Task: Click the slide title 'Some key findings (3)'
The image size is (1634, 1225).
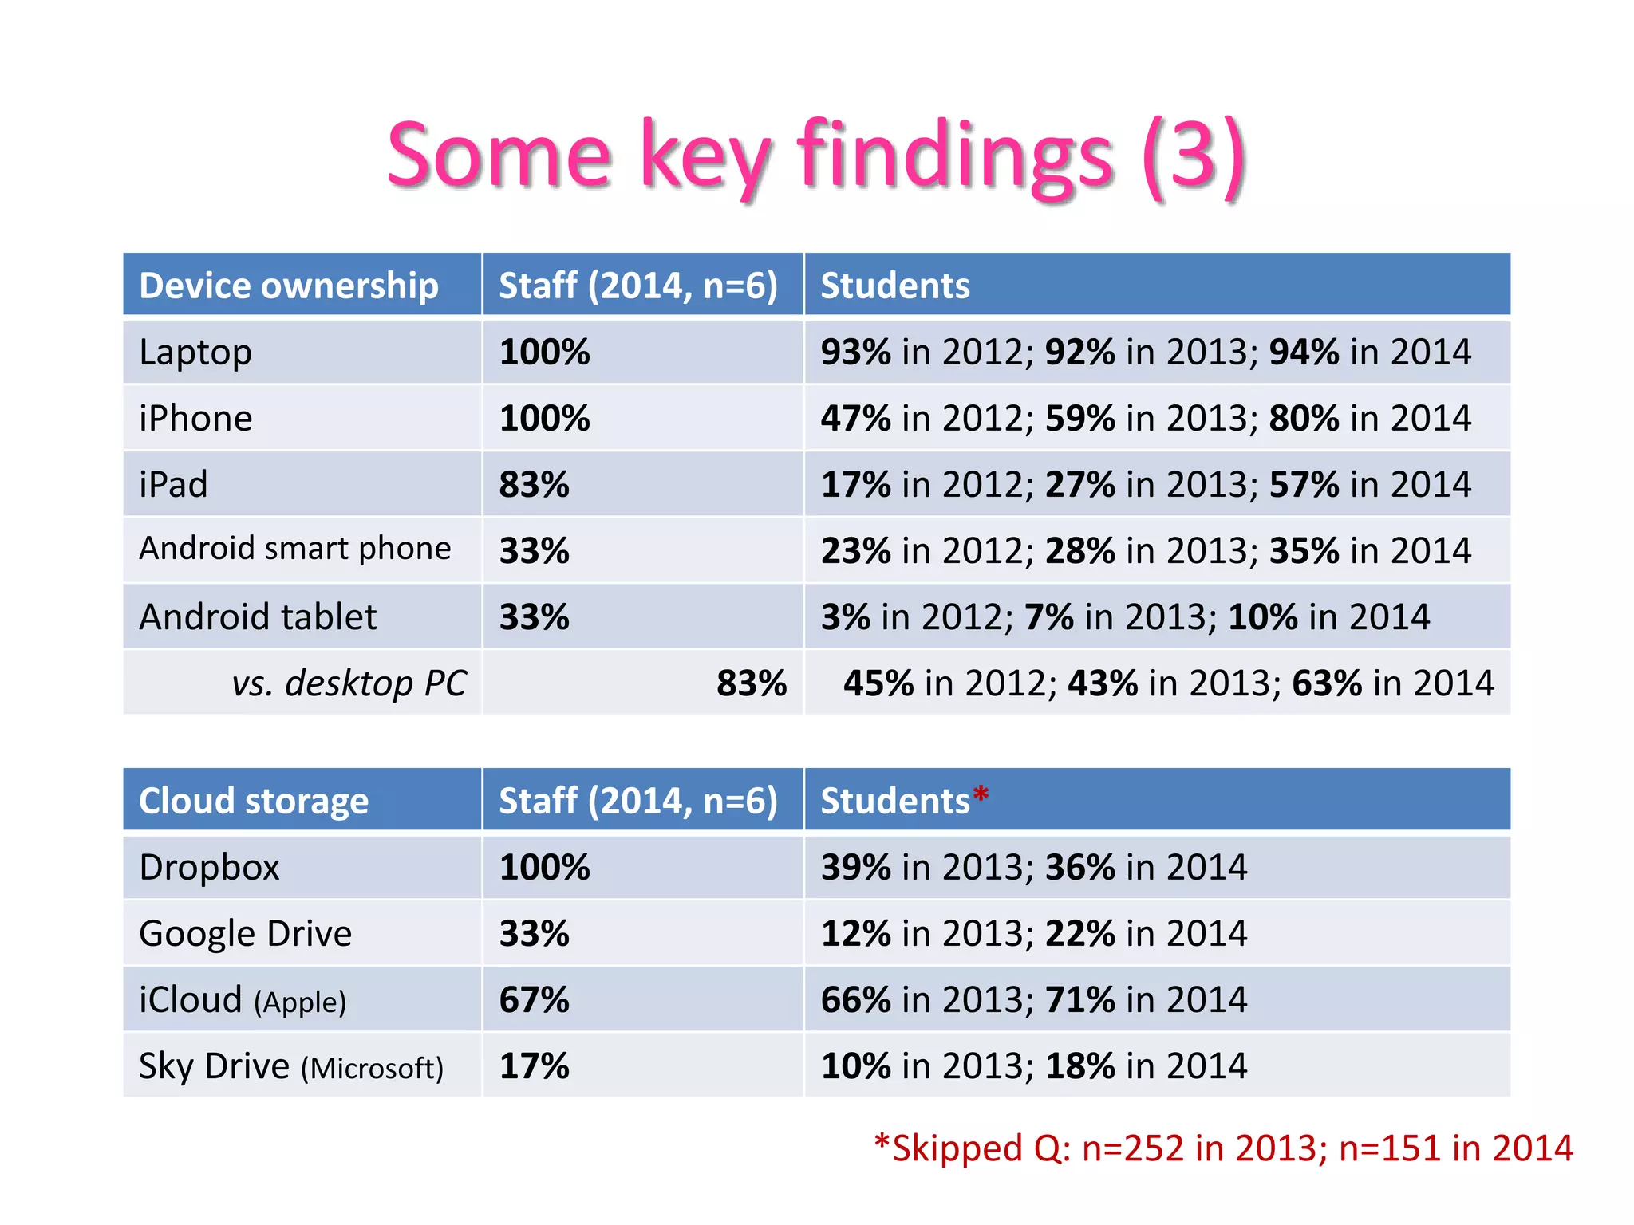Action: point(816,156)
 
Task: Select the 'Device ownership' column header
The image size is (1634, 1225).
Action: point(289,286)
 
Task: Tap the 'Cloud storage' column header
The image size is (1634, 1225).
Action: point(254,801)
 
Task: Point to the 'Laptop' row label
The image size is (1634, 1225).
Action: point(195,353)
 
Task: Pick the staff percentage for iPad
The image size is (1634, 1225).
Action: point(534,485)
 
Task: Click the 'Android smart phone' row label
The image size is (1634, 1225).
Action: point(294,549)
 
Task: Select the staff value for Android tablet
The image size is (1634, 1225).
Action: point(534,617)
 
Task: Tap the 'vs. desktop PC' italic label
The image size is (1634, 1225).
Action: point(349,683)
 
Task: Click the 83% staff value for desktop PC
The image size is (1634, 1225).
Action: point(751,683)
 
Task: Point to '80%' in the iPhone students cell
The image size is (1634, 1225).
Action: point(1304,419)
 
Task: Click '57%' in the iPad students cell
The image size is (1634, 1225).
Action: point(1304,485)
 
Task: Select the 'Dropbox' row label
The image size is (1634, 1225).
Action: point(209,868)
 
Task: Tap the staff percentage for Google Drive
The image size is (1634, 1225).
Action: point(534,934)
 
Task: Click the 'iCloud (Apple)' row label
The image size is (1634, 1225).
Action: point(243,1000)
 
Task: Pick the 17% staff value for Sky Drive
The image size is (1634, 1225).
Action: point(534,1066)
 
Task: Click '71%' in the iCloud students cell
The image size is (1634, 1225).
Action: point(1079,1000)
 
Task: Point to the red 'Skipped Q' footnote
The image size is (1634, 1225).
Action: point(1223,1148)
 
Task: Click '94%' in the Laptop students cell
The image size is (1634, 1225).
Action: point(1304,353)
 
